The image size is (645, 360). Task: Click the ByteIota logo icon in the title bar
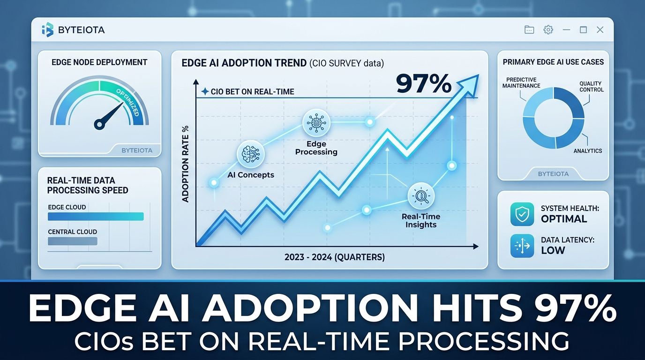click(48, 30)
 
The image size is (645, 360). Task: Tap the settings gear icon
click(548, 30)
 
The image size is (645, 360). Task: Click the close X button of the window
click(600, 30)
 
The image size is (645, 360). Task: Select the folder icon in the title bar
click(529, 30)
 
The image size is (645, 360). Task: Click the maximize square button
click(584, 30)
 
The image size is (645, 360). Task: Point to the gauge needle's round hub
click(99, 124)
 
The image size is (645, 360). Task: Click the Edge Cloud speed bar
click(96, 217)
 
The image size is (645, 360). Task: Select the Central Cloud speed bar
click(73, 241)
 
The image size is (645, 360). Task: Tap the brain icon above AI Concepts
click(250, 154)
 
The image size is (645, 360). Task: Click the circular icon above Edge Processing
click(316, 123)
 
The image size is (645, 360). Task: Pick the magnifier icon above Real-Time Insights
click(421, 196)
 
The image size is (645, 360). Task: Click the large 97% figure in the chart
click(424, 84)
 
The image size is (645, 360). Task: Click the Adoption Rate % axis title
click(186, 164)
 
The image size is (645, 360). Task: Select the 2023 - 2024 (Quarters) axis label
click(335, 257)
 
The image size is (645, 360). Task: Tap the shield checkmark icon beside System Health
click(522, 214)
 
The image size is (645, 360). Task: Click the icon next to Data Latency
click(522, 246)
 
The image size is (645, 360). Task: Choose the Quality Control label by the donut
click(592, 86)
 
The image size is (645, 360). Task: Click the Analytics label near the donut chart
click(588, 151)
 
